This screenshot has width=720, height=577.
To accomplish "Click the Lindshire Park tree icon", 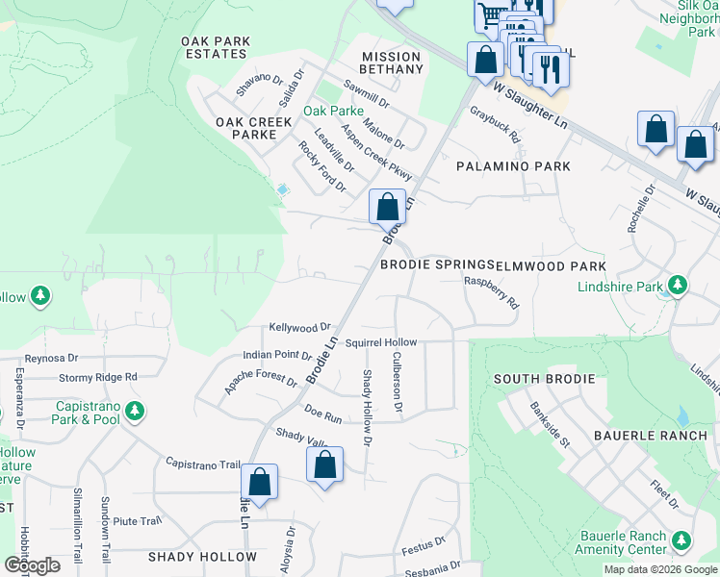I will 678,286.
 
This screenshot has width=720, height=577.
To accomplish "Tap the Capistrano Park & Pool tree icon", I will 135,413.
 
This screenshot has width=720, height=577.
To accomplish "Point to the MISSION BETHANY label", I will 392,63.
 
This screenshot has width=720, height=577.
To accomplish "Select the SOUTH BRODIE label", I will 545,379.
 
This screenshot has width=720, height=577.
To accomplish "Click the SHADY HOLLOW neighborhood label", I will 202,557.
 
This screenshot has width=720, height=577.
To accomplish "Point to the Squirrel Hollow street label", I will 381,342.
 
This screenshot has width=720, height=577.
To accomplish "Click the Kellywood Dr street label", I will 299,327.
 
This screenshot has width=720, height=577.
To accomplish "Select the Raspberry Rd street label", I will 491,292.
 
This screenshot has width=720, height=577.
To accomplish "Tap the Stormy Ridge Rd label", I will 98,377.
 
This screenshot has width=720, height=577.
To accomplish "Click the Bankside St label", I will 551,424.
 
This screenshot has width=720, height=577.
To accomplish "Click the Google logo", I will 32,565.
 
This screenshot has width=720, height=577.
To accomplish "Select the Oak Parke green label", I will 333,111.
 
